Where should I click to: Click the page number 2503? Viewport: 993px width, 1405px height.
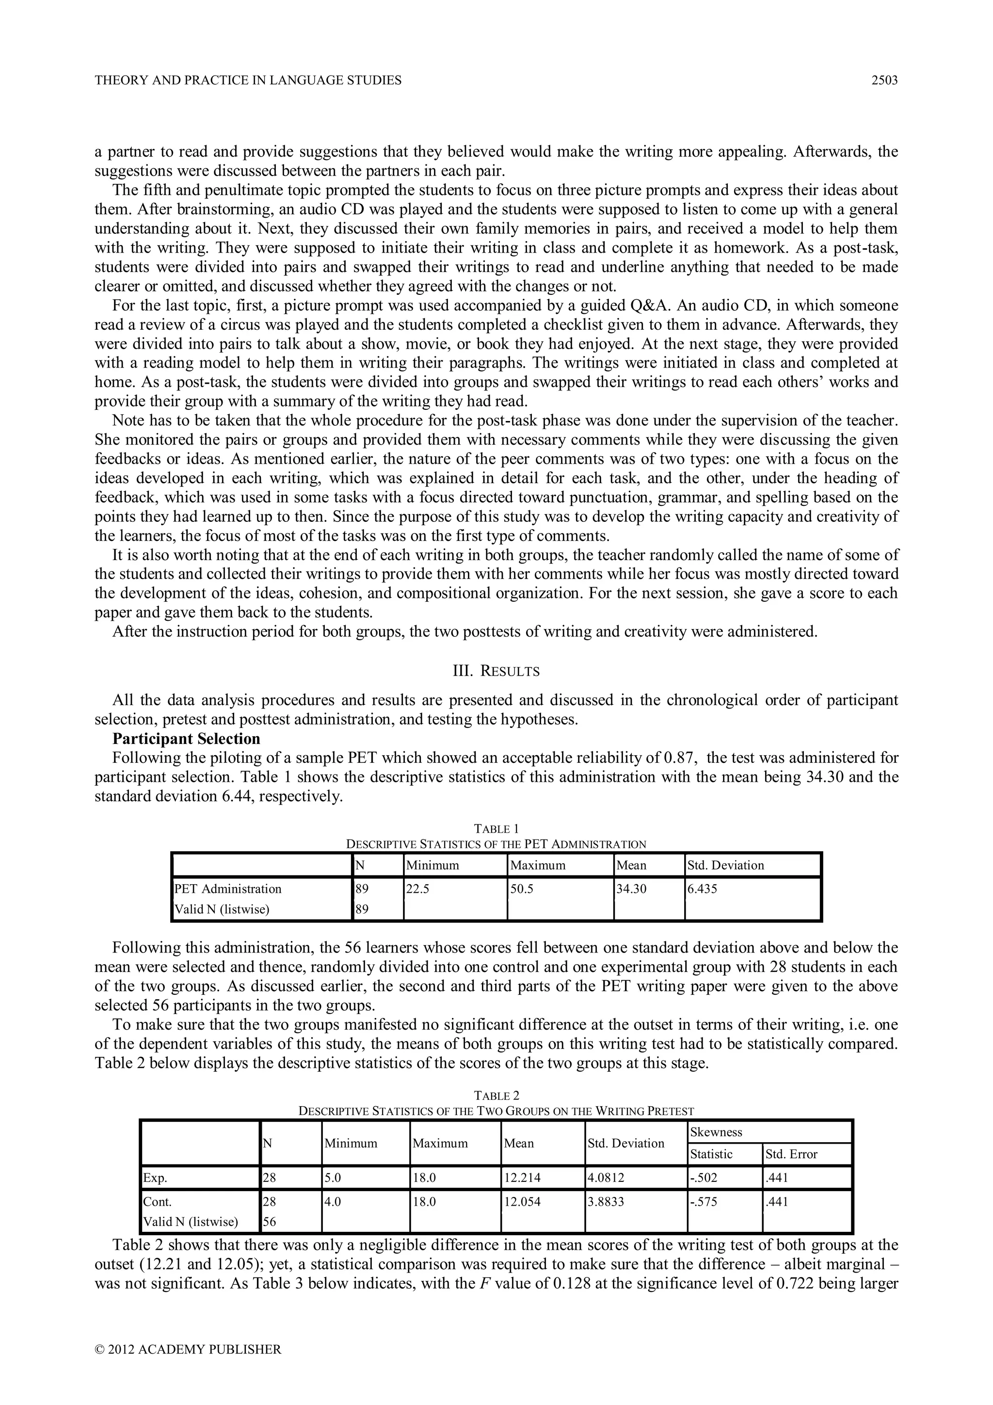[884, 80]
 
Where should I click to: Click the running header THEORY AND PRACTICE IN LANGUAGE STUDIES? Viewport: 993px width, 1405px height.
[248, 80]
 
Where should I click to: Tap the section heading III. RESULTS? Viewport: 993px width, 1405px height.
[496, 671]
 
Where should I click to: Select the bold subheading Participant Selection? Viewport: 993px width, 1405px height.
[186, 739]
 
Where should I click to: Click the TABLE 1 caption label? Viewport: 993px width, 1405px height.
[496, 829]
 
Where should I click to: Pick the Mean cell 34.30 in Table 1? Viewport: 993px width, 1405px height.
[631, 888]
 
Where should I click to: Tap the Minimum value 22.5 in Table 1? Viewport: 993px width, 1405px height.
[418, 888]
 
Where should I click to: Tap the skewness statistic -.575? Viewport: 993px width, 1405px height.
[704, 1202]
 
